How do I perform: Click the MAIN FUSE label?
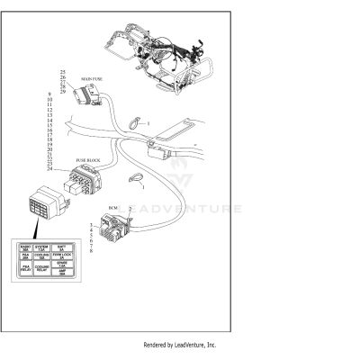pos(93,79)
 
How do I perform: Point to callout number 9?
pos(50,94)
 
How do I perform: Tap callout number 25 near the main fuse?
pos(63,71)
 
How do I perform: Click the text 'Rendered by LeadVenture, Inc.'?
pos(180,345)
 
